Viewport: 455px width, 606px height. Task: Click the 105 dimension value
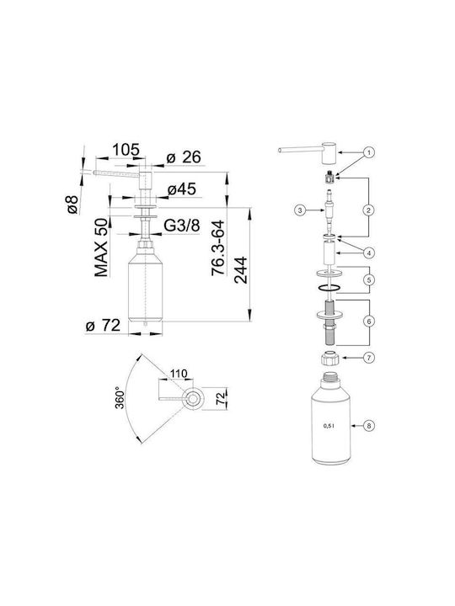point(126,149)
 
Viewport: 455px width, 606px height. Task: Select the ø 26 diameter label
point(184,157)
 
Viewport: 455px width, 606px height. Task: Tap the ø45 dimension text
point(182,189)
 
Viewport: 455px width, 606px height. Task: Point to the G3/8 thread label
point(182,226)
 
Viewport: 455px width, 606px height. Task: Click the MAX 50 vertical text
point(101,247)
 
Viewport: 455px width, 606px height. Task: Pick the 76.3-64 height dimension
point(218,247)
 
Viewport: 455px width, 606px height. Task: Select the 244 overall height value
point(241,270)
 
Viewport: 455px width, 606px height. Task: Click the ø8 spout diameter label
point(72,205)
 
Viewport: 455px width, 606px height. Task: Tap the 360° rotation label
point(120,397)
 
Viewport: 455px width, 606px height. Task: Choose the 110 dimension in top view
point(179,374)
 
